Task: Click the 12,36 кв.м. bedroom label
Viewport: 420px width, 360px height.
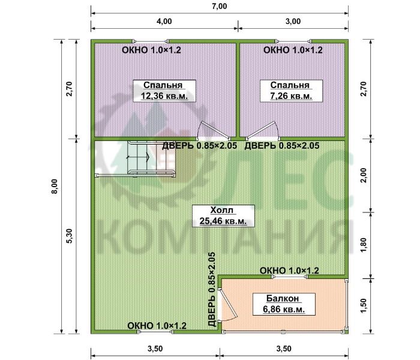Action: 164,91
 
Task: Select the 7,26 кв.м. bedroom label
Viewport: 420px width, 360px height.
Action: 291,91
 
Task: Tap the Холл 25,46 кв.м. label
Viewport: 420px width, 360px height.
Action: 223,216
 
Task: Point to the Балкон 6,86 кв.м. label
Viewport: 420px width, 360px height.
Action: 284,304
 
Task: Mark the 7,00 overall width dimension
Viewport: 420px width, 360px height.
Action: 220,6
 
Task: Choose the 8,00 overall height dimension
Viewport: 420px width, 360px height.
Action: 55,186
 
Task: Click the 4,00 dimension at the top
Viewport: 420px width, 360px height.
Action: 164,21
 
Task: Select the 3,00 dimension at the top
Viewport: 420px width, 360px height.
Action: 293,21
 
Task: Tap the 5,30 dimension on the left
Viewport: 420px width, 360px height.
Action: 70,236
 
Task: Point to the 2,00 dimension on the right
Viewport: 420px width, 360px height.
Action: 364,175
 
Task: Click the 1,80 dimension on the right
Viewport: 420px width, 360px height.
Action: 364,245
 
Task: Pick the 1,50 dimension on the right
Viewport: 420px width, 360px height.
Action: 364,306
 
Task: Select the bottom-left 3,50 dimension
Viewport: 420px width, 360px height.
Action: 155,349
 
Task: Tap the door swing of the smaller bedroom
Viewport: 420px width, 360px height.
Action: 263,130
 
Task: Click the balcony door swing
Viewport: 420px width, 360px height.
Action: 227,305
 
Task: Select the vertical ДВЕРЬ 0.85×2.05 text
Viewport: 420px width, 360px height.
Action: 212,289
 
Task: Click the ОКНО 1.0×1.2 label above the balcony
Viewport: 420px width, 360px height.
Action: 289,271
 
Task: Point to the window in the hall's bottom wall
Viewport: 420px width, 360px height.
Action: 155,332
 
